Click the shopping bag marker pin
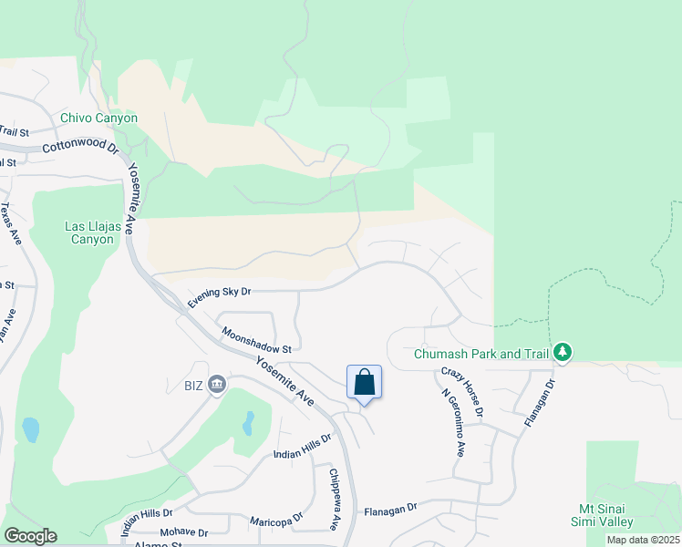pyautogui.click(x=364, y=383)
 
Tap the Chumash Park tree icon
pyautogui.click(x=563, y=352)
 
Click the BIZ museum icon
pyautogui.click(x=217, y=383)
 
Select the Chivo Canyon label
pyautogui.click(x=98, y=118)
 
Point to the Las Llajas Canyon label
pyautogui.click(x=89, y=232)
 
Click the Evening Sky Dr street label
pyautogui.click(x=219, y=296)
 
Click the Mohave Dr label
pyautogui.click(x=183, y=532)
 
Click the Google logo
pyautogui.click(x=30, y=536)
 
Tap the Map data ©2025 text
pyautogui.click(x=643, y=540)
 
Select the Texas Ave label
pyautogui.click(x=10, y=223)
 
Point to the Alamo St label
pyautogui.click(x=158, y=543)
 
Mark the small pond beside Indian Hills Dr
pyautogui.click(x=248, y=424)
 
